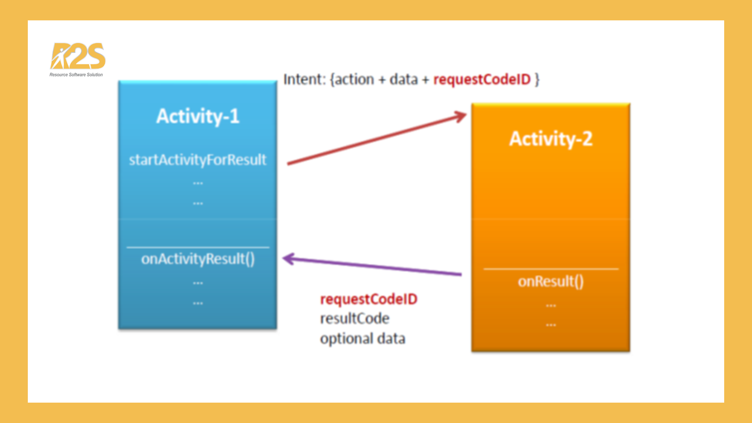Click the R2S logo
(x=78, y=56)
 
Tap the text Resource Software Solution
(x=76, y=75)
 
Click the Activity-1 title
(x=198, y=116)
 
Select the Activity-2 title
(x=551, y=139)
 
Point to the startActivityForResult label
(x=198, y=160)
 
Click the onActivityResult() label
(x=198, y=259)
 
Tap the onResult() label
(x=551, y=281)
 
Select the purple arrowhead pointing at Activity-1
(x=288, y=259)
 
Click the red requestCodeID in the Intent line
(x=482, y=80)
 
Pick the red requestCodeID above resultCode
(x=369, y=299)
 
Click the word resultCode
(x=354, y=318)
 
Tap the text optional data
(x=362, y=338)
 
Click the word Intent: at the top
(x=304, y=80)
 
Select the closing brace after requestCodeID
(x=537, y=80)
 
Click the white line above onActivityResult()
(x=198, y=247)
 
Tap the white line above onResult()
(x=551, y=269)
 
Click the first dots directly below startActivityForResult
(x=198, y=183)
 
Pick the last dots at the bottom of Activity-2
(x=551, y=325)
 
